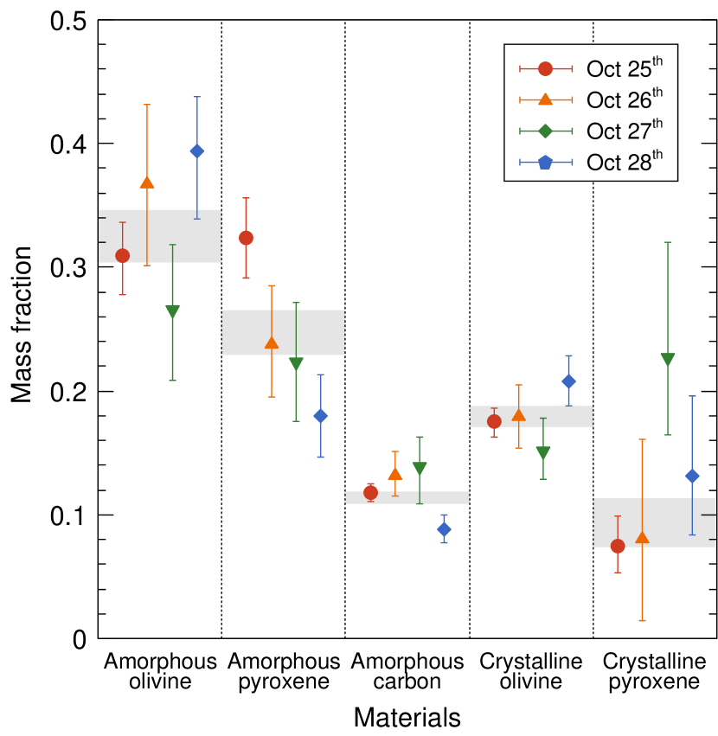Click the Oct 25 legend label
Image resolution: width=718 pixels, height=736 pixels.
tap(625, 68)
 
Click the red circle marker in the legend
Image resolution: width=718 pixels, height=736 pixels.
tap(545, 69)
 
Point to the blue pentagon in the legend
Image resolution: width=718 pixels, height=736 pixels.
tap(545, 162)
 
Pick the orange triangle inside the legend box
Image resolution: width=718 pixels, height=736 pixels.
tap(545, 99)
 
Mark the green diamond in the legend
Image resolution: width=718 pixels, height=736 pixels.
tap(545, 131)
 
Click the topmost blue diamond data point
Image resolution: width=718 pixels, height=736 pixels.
tap(196, 151)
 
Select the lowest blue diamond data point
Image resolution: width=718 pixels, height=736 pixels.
tap(444, 529)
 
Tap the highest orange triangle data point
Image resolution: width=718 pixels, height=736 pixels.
tap(147, 182)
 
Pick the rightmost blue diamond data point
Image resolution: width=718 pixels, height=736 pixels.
tap(692, 476)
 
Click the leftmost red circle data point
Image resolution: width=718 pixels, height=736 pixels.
tap(123, 255)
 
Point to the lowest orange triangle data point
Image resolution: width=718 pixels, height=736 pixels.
tap(642, 537)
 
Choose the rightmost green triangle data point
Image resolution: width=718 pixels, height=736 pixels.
tap(668, 360)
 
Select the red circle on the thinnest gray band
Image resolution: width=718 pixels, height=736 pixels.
tap(370, 492)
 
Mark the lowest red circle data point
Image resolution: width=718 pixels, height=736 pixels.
tap(618, 546)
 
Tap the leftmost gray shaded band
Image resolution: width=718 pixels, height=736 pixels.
tap(160, 236)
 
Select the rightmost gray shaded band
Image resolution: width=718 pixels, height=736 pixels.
tap(654, 522)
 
